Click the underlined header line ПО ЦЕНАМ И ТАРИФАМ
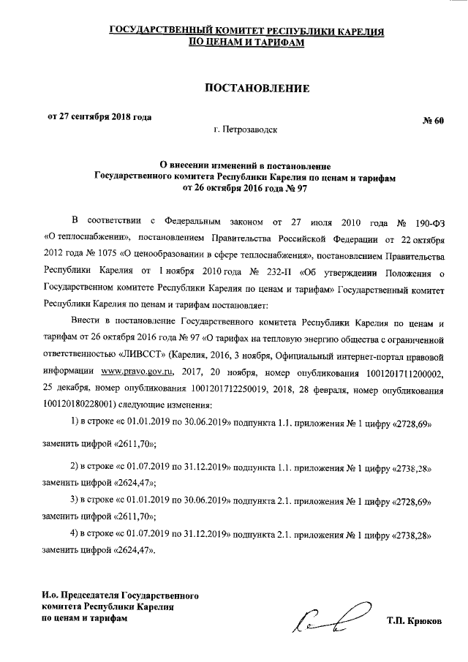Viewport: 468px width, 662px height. click(x=246, y=43)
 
